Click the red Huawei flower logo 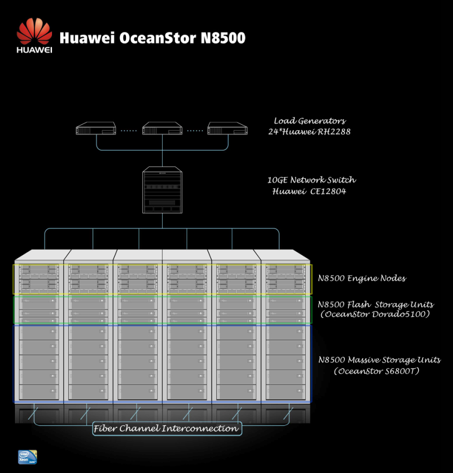pyautogui.click(x=34, y=32)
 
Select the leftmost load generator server pyautogui.click(x=96, y=130)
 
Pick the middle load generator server pyautogui.click(x=163, y=129)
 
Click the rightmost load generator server pyautogui.click(x=228, y=129)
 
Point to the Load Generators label pyautogui.click(x=309, y=121)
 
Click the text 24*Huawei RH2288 pyautogui.click(x=309, y=132)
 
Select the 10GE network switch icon pyautogui.click(x=163, y=190)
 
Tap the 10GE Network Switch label pyautogui.click(x=311, y=180)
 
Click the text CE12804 pyautogui.click(x=330, y=191)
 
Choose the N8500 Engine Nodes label pyautogui.click(x=362, y=278)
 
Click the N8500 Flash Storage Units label pyautogui.click(x=376, y=304)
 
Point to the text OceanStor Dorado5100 pyautogui.click(x=375, y=314)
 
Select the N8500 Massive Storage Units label pyautogui.click(x=379, y=359)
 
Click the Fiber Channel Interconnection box pyautogui.click(x=166, y=428)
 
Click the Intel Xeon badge pyautogui.click(x=27, y=457)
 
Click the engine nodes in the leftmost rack pyautogui.click(x=39, y=279)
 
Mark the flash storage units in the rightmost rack pyautogui.click(x=285, y=310)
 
